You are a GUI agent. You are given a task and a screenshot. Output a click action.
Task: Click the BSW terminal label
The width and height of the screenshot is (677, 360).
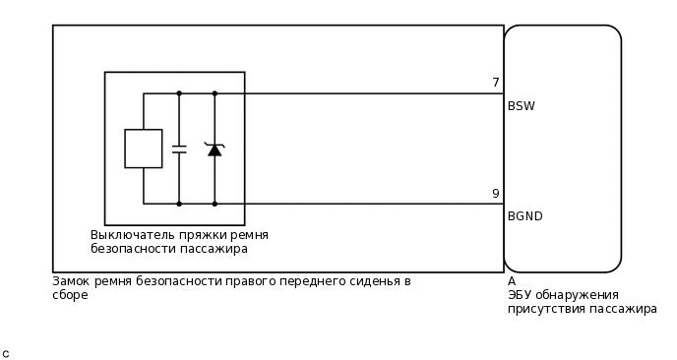(x=522, y=106)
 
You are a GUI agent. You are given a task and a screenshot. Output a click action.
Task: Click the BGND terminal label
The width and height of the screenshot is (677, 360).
(x=525, y=216)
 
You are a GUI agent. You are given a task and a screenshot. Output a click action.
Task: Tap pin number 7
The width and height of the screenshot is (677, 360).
(x=496, y=83)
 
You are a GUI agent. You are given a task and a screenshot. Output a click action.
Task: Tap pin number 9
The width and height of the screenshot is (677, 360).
(x=496, y=194)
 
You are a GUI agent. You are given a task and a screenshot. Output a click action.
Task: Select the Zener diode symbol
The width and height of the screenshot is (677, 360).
(x=215, y=149)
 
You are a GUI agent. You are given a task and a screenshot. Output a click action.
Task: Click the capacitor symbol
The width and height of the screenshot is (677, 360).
(x=179, y=150)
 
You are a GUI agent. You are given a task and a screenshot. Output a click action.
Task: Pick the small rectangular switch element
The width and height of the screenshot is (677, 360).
(x=144, y=149)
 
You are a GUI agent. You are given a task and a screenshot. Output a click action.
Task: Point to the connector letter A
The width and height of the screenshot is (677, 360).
(x=512, y=281)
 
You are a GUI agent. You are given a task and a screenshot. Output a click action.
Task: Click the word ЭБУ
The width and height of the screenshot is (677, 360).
(x=522, y=295)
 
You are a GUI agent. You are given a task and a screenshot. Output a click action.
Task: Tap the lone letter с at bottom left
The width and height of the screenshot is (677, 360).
(x=6, y=353)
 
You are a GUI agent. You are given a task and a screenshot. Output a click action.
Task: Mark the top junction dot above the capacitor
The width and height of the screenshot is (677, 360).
(x=179, y=93)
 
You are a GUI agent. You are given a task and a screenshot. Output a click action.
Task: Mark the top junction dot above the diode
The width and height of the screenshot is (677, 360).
(x=215, y=93)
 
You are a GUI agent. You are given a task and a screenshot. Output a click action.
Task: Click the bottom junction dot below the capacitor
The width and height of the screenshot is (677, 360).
(x=179, y=204)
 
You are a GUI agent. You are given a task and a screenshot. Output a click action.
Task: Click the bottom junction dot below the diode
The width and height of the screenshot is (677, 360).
(x=215, y=204)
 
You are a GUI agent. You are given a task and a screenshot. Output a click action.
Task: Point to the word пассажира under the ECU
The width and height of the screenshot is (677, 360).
(x=623, y=309)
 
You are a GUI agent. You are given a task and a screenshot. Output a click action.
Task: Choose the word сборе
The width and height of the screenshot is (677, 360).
(x=70, y=295)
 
